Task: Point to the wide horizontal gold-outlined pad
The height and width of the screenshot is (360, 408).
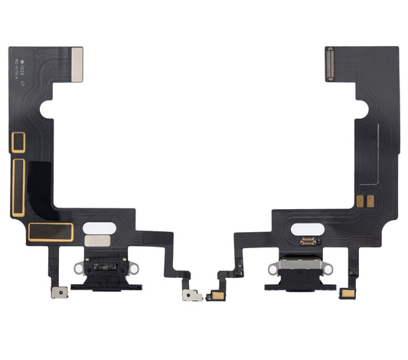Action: [50, 231]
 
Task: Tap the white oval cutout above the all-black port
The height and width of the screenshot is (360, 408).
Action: [100, 227]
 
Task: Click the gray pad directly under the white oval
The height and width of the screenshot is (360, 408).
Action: [100, 243]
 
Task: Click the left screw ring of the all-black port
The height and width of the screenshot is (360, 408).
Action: [77, 270]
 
